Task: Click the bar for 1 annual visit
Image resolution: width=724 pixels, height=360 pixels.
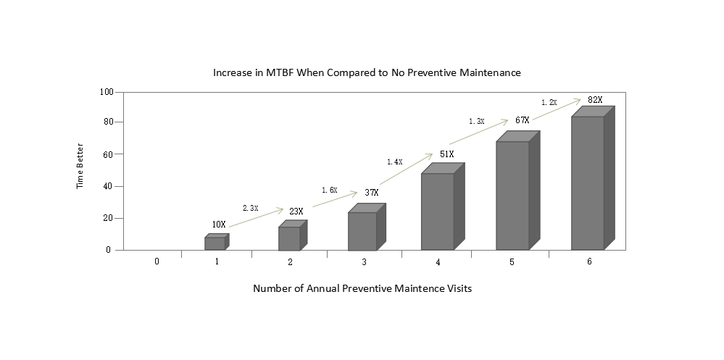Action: click(x=215, y=243)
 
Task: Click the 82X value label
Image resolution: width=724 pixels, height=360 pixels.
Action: click(x=595, y=100)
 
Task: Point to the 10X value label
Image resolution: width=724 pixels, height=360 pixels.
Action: click(x=219, y=225)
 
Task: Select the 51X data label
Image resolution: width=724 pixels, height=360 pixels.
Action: click(x=446, y=154)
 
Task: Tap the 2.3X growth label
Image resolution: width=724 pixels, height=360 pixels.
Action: click(x=250, y=208)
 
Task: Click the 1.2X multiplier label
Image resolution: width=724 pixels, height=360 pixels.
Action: click(x=549, y=103)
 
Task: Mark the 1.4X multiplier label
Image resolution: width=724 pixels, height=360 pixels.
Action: click(x=394, y=162)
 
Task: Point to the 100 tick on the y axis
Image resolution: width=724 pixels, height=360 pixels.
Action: click(x=107, y=92)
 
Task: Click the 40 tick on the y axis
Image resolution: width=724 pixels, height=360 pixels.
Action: click(x=109, y=186)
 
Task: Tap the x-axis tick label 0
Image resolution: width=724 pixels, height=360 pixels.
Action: click(x=157, y=261)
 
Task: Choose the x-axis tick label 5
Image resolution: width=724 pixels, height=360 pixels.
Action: click(x=512, y=261)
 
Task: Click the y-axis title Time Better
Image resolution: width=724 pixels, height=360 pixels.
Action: click(x=80, y=172)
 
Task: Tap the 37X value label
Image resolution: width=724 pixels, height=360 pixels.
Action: click(x=371, y=193)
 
